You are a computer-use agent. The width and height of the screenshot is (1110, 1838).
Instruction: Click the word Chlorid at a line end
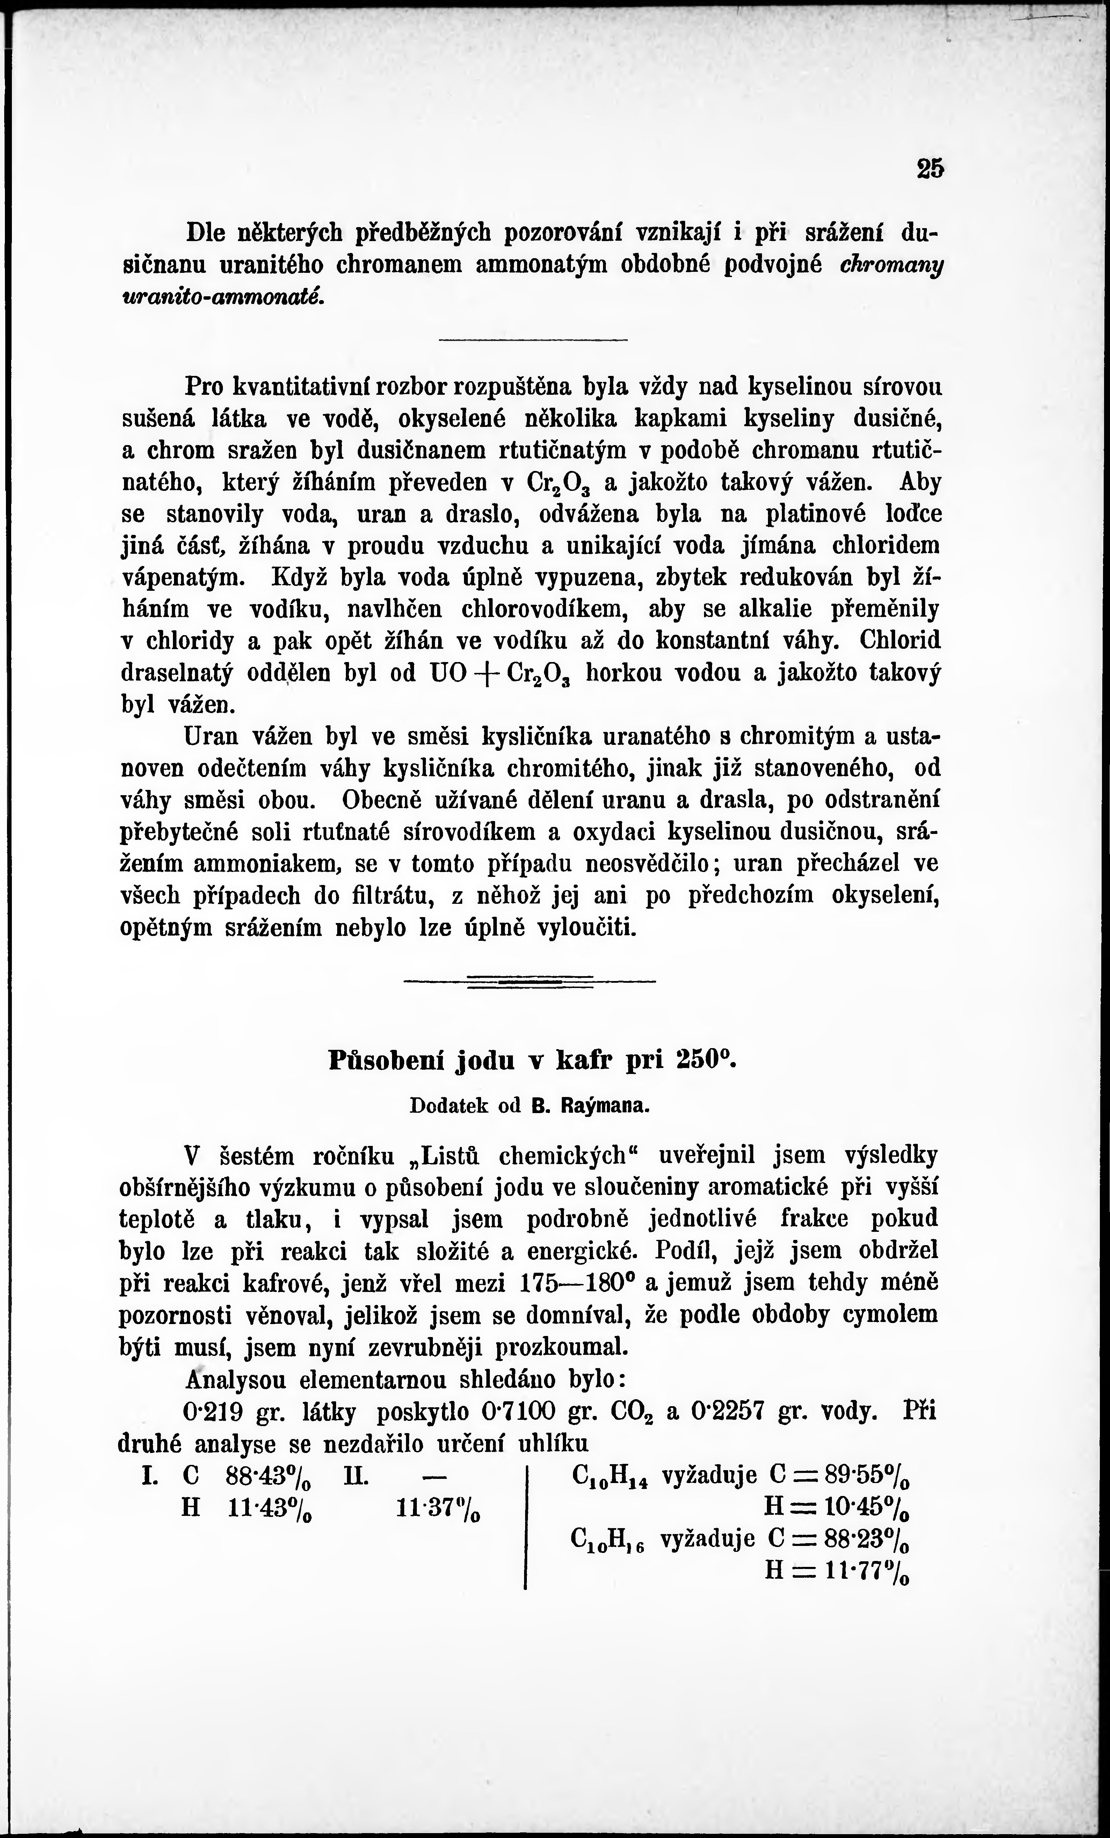click(900, 640)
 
